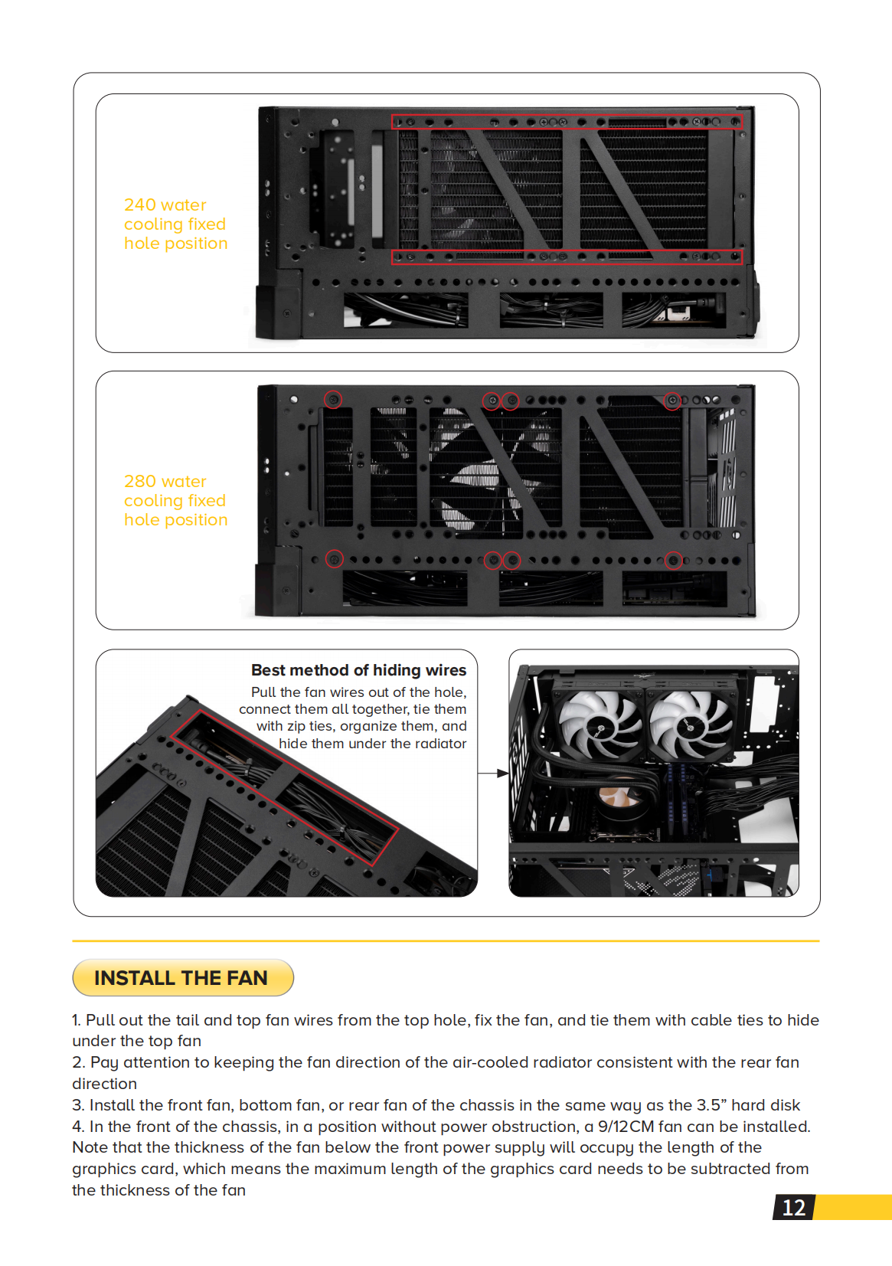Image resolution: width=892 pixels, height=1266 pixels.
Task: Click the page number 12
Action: (x=793, y=1208)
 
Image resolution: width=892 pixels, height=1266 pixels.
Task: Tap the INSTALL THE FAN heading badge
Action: (x=182, y=978)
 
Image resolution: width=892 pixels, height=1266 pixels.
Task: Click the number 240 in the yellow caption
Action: (x=140, y=205)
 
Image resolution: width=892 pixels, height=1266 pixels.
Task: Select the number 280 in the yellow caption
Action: (x=140, y=482)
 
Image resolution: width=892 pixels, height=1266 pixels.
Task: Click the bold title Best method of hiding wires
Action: (x=358, y=670)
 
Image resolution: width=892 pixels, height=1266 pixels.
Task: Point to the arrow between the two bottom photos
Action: (x=493, y=774)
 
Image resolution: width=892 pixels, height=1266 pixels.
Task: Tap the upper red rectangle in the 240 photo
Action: (x=567, y=122)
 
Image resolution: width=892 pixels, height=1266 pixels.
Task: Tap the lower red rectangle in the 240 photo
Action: (x=567, y=257)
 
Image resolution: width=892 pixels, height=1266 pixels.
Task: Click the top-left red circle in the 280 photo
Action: (x=333, y=400)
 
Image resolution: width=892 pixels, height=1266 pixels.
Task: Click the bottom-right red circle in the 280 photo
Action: (x=673, y=561)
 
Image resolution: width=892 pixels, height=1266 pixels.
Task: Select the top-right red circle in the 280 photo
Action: (x=671, y=400)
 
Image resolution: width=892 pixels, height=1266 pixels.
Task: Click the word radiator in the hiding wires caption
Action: (x=440, y=744)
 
